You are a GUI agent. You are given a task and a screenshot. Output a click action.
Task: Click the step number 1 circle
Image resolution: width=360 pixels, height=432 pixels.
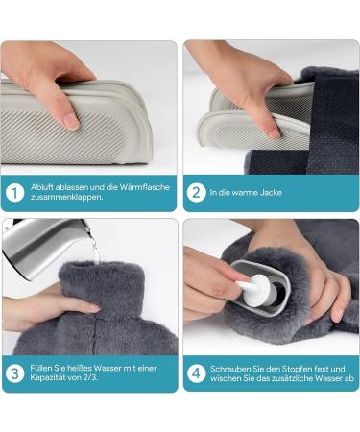(x=15, y=193)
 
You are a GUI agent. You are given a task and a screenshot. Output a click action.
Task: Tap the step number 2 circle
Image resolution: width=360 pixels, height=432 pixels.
(x=196, y=193)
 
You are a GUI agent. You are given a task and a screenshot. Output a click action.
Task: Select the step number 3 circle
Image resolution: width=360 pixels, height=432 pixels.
(x=15, y=372)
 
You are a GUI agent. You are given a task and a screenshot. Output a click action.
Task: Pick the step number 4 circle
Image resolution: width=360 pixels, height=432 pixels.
(x=196, y=372)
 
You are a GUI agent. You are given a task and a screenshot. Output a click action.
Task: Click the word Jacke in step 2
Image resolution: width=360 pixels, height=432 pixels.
(x=272, y=193)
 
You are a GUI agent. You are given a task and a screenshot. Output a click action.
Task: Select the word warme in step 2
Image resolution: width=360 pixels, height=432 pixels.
(x=246, y=193)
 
